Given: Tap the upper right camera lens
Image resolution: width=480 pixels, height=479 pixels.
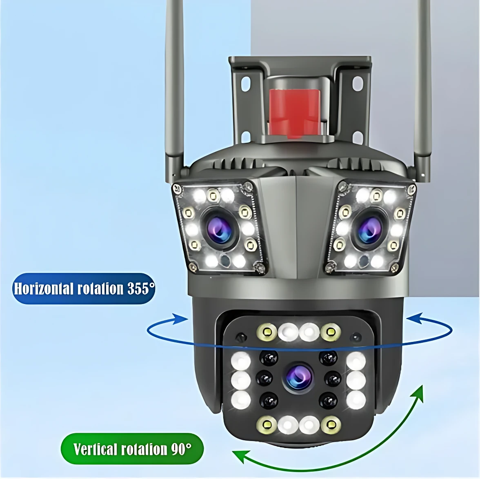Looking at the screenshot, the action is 369,228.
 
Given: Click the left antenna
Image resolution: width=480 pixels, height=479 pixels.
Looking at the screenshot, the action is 175,89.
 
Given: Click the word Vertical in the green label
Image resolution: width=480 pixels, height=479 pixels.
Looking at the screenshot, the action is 96,449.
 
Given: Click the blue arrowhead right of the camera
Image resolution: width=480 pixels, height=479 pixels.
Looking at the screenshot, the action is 415,318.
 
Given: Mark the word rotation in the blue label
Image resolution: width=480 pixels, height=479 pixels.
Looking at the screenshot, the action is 100,288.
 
